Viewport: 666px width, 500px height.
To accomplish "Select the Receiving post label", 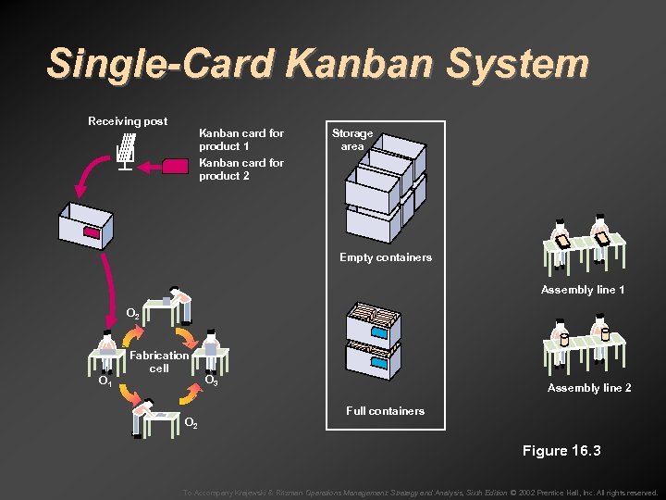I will click(x=128, y=121).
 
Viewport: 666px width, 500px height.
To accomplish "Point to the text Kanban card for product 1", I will click(x=240, y=140).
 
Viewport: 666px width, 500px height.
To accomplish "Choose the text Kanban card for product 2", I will click(x=240, y=169).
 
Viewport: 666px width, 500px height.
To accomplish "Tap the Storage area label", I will click(x=352, y=140).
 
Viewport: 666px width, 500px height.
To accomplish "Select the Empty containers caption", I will click(x=385, y=257).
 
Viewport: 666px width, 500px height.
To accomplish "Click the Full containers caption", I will click(x=385, y=410).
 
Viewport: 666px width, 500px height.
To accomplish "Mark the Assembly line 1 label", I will click(x=583, y=290).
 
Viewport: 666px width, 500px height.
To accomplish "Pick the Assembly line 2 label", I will click(x=589, y=388).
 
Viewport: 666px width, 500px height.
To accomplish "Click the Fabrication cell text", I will click(x=159, y=361).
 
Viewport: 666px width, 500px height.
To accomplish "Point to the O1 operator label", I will click(x=105, y=381).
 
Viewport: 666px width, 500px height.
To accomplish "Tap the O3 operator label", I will click(x=211, y=381).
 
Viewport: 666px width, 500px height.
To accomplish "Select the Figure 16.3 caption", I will click(x=561, y=451).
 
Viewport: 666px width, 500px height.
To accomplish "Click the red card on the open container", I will click(x=92, y=232).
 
